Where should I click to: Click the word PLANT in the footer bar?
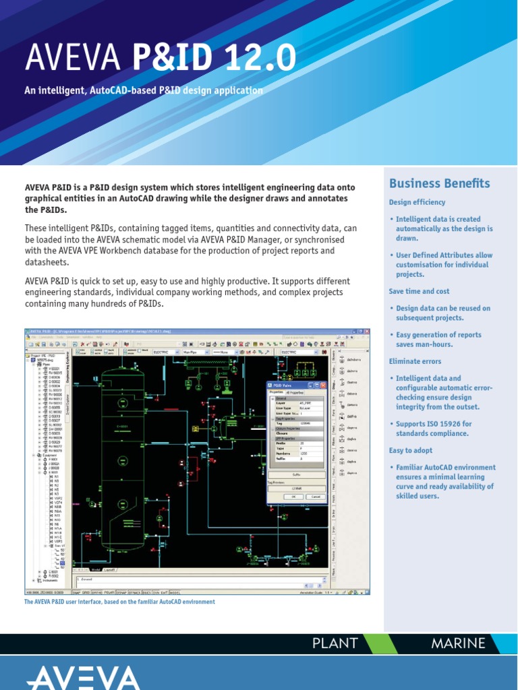coord(335,643)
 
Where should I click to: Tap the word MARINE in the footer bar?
coord(458,643)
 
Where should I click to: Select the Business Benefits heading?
coord(440,183)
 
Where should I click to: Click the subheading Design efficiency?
coord(417,202)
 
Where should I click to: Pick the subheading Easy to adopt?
coord(411,450)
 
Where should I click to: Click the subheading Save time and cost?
coord(419,291)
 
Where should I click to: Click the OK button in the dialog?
coord(293,496)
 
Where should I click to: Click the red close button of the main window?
coord(366,332)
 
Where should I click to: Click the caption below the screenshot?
coord(119,602)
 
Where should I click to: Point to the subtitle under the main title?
coord(144,91)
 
